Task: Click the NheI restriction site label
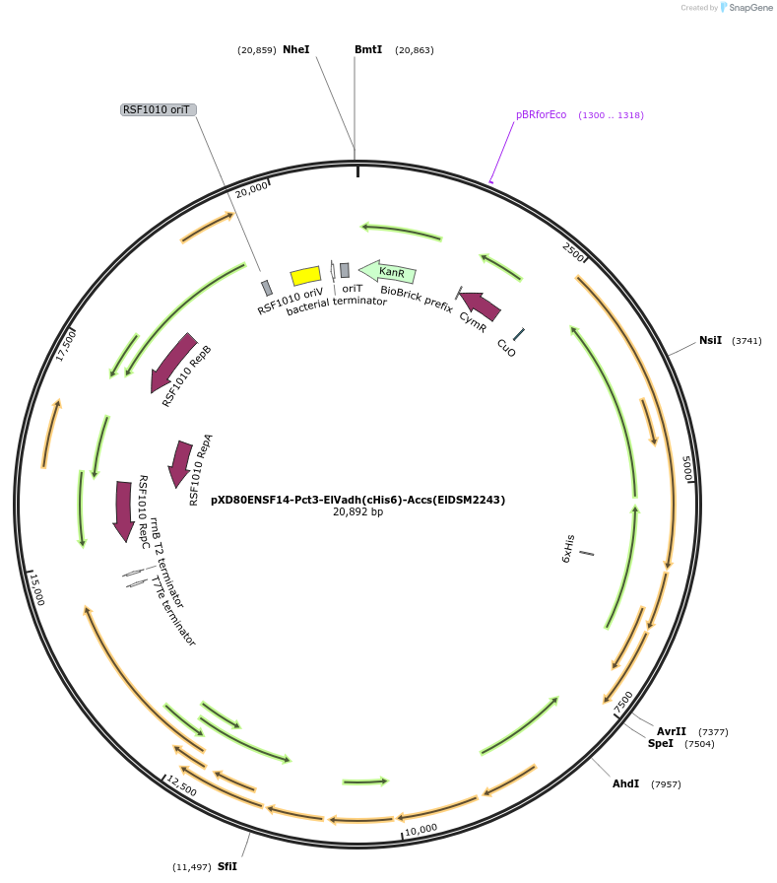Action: (295, 49)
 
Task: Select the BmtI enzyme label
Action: (368, 49)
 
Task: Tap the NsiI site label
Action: (710, 340)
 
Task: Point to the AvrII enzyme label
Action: (672, 731)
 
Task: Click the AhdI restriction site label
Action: (625, 783)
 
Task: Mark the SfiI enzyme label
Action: (227, 866)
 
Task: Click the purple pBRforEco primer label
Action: (541, 114)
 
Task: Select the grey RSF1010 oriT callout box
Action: (157, 109)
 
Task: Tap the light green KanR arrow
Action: (387, 271)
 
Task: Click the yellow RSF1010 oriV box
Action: (305, 277)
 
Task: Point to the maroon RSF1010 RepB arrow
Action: (174, 362)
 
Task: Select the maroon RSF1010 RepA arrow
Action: (180, 463)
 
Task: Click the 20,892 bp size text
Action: (357, 512)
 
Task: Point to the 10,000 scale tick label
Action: (421, 829)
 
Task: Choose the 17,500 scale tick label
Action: (66, 345)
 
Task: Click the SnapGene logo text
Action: (748, 8)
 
